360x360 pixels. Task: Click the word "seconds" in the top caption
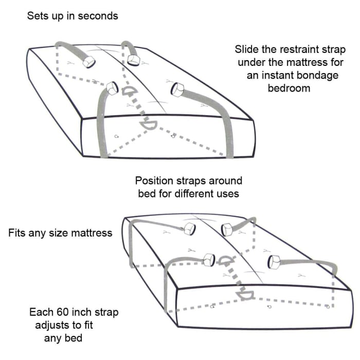[98, 16]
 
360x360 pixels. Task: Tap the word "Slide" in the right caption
[246, 50]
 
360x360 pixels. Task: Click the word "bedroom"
[289, 88]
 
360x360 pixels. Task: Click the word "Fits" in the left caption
[18, 232]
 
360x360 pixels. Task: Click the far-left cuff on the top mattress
[88, 61]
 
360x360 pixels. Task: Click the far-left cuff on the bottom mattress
[189, 229]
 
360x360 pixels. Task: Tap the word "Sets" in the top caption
[37, 16]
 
